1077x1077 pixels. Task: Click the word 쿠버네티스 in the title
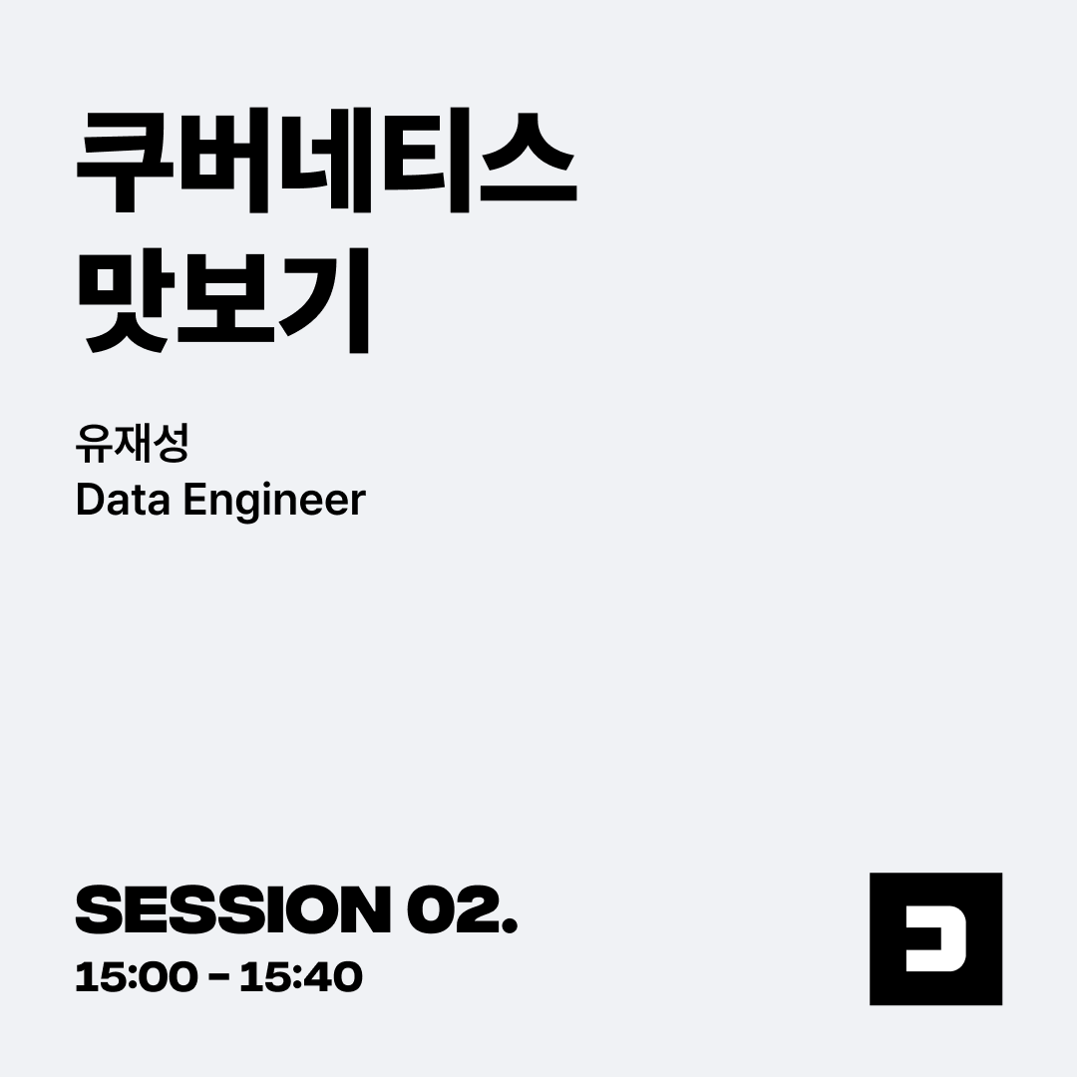pos(326,160)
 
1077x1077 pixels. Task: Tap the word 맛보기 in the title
pos(224,301)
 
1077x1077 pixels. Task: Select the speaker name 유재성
pos(132,444)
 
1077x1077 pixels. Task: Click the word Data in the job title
pos(123,500)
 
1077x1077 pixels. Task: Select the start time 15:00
pos(136,976)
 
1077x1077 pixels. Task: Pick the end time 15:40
pos(301,976)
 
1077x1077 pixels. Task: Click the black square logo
pos(935,939)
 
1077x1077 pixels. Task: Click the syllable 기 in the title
pos(324,301)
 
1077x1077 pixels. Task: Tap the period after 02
pos(509,925)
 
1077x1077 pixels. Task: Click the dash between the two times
pos(218,977)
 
